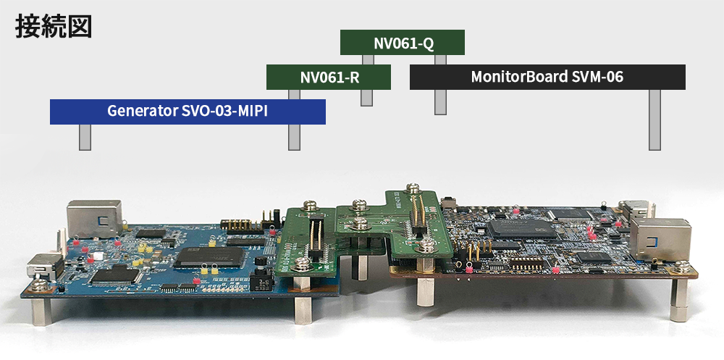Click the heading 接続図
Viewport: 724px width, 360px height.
pos(52,26)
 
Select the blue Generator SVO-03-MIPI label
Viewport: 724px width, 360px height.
pos(188,112)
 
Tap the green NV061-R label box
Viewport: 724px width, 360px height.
pos(329,77)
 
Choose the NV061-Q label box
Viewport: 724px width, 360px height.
pos(403,43)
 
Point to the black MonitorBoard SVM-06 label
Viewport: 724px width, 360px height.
pos(547,77)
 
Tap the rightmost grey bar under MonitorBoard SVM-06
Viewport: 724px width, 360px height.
pos(655,120)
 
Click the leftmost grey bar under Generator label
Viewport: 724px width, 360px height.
pos(85,137)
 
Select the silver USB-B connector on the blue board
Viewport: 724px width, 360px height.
pos(90,219)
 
